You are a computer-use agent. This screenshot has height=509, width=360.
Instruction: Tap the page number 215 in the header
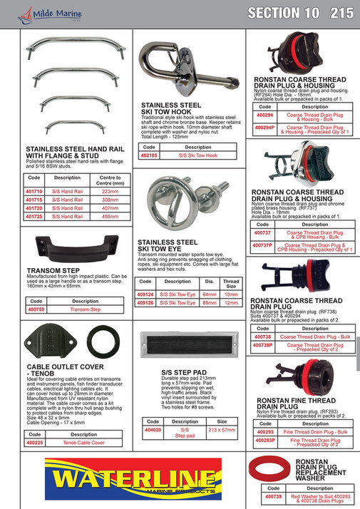(341, 12)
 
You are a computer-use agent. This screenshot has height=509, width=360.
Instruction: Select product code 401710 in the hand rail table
(34, 192)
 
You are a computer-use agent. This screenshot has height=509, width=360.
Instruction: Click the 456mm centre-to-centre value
(109, 216)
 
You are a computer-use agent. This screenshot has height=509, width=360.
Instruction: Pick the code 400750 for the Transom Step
(35, 310)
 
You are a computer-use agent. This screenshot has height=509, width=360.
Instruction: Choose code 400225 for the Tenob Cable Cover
(35, 443)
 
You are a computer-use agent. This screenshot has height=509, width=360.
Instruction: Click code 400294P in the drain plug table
(265, 129)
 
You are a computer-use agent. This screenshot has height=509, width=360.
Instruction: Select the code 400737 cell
(264, 232)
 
